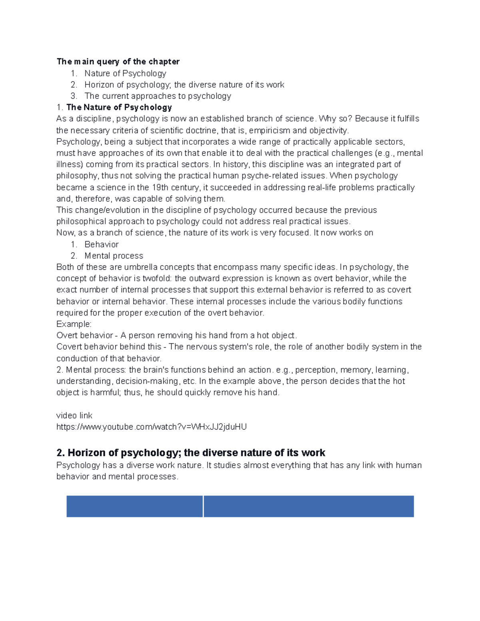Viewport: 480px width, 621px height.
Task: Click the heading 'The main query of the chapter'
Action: (x=118, y=62)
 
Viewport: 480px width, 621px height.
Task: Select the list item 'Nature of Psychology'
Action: (x=125, y=73)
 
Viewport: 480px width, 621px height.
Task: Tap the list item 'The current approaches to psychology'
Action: (x=158, y=96)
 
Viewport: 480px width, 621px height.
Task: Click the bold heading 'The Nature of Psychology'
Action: (x=119, y=107)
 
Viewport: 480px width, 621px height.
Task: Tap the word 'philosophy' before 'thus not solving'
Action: (x=77, y=176)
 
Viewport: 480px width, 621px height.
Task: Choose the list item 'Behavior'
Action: (x=101, y=244)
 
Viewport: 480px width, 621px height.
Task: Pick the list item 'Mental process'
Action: (x=114, y=256)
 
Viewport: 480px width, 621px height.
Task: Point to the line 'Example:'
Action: (x=74, y=324)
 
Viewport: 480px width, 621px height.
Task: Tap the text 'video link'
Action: (x=74, y=415)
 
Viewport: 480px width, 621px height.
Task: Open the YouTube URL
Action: (x=151, y=427)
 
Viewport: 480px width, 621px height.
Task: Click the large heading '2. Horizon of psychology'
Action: (x=191, y=453)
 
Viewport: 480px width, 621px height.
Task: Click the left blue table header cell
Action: (x=134, y=506)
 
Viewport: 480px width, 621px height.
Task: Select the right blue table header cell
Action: (x=309, y=506)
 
